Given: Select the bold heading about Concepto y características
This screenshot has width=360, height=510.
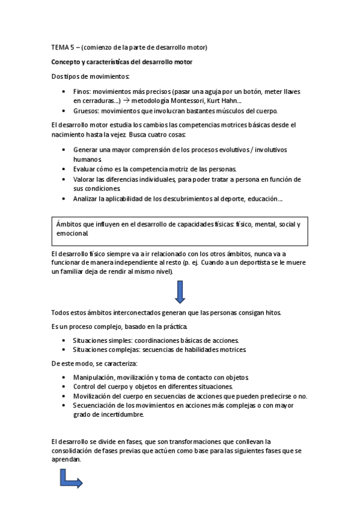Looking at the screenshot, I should tap(121, 62).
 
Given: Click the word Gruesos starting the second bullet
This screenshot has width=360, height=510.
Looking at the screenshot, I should tap(87, 111).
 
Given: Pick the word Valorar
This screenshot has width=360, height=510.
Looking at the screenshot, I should tap(86, 179).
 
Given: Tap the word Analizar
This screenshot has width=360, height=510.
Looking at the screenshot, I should tap(88, 198).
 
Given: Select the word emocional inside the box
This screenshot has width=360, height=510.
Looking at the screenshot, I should tap(72, 233).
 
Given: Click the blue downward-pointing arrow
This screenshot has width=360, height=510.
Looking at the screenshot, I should tap(180, 291).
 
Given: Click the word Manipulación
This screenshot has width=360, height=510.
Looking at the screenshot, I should tap(94, 376).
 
